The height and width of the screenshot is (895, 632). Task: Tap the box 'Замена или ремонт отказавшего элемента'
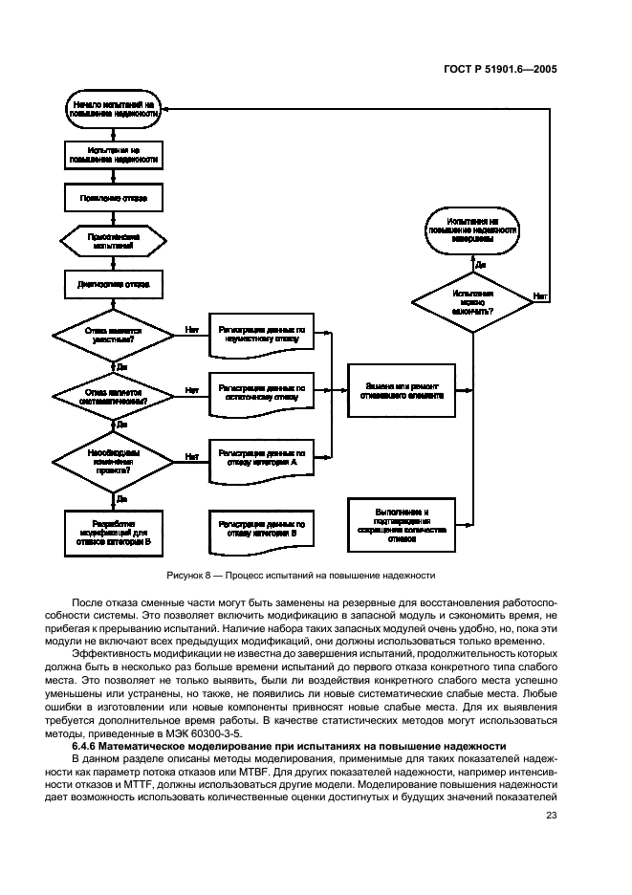[403, 390]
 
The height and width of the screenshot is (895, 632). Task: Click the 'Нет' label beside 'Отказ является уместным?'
[191, 328]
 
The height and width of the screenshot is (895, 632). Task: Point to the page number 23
[552, 815]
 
